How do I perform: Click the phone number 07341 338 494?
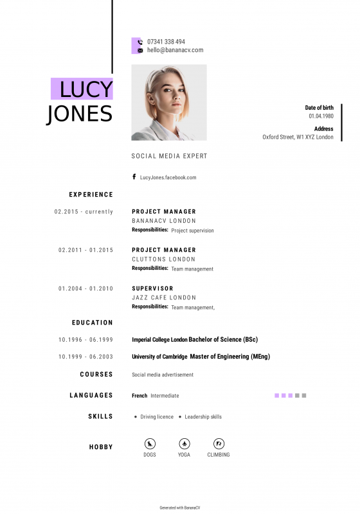tap(166, 42)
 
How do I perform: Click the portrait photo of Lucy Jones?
tap(169, 102)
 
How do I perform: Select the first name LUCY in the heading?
tap(86, 89)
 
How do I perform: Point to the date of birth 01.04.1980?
tap(321, 116)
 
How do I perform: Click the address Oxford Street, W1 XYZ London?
tap(298, 137)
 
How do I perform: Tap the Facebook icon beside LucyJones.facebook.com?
tap(134, 177)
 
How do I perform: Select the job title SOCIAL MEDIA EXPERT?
tap(169, 156)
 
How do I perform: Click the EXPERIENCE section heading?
tap(91, 194)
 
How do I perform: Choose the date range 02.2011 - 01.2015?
tap(85, 250)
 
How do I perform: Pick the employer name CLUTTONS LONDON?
tap(163, 260)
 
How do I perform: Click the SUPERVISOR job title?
tap(152, 288)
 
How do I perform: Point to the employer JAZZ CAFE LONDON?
tap(164, 298)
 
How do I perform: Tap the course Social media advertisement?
tap(162, 375)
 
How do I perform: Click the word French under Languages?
tap(139, 396)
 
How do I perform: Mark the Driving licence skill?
tap(157, 417)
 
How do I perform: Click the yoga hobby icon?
tap(184, 443)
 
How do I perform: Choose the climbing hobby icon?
tap(219, 443)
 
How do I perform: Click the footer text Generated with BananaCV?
tap(180, 508)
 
